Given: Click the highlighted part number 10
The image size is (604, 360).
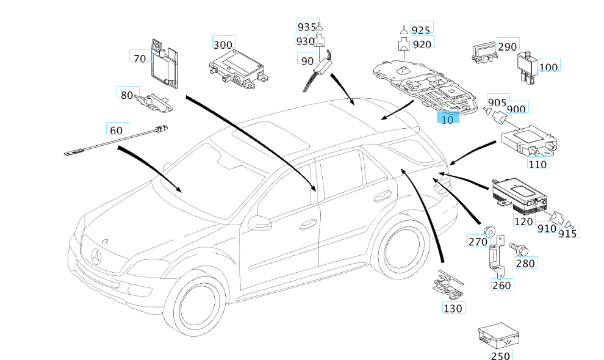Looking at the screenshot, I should [448, 119].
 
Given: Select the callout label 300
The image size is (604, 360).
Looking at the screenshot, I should [223, 44].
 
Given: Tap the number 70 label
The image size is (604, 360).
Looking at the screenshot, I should [139, 59].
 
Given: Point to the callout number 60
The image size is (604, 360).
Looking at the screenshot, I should [116, 129].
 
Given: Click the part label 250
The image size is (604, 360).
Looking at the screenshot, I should [502, 356].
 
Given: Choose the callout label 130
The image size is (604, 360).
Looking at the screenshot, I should [453, 308].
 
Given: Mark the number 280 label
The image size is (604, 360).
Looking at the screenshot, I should [525, 263].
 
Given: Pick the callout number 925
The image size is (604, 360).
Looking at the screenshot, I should [420, 29].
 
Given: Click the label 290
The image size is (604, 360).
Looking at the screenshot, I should [507, 47].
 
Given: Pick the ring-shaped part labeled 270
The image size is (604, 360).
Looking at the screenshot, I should [489, 231].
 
